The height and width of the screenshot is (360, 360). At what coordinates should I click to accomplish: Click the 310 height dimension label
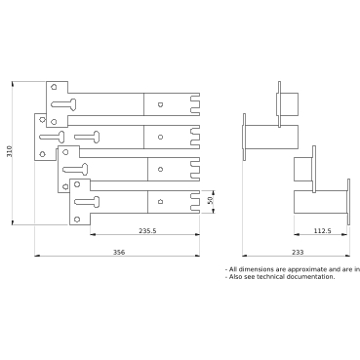[10, 152]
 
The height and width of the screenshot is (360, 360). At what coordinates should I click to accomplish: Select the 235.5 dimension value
[147, 231]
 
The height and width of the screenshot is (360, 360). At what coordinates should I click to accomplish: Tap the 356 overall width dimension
[119, 252]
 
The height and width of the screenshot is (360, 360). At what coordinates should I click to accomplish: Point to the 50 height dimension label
[211, 200]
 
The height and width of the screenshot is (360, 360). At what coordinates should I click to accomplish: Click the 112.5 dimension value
[322, 231]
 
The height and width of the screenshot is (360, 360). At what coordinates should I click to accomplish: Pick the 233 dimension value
[298, 252]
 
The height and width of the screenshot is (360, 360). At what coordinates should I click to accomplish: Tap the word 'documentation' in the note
[311, 277]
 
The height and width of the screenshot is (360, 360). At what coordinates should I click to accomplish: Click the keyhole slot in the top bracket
[64, 104]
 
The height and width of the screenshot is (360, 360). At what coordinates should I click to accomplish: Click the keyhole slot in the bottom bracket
[87, 202]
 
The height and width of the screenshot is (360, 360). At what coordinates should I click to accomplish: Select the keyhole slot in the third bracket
[75, 169]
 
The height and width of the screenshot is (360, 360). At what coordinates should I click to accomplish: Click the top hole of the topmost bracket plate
[54, 87]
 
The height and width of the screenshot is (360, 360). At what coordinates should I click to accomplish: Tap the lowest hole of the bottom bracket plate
[77, 220]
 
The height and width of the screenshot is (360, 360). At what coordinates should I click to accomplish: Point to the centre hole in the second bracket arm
[160, 137]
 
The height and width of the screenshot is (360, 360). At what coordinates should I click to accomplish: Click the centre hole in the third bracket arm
[160, 169]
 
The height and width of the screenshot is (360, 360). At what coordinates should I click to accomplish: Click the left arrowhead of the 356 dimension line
[37, 256]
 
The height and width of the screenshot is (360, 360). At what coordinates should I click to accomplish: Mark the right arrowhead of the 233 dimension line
[347, 256]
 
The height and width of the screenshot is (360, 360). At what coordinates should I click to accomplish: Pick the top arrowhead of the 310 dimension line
[13, 84]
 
